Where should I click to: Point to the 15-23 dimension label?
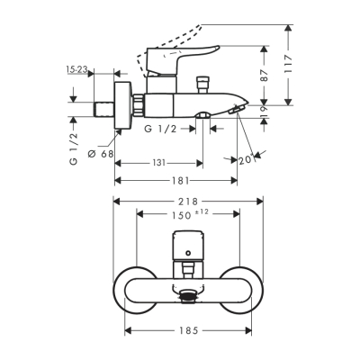click(x=77, y=68)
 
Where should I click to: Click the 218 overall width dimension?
click(x=188, y=201)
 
